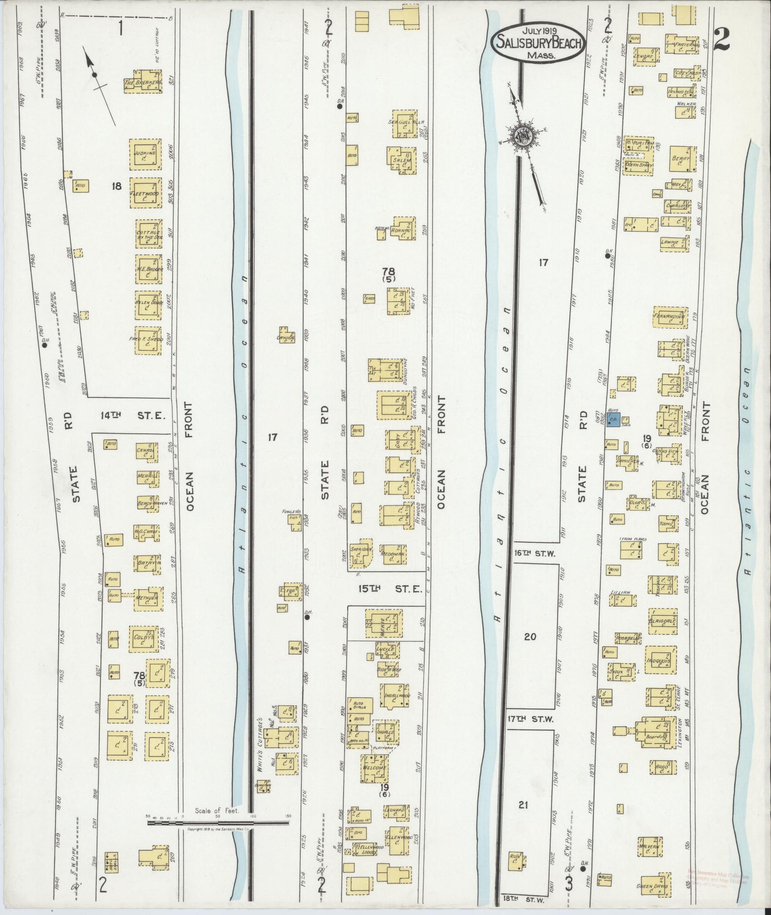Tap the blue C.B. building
tap(613, 420)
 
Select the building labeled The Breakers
tap(143, 82)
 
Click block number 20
tap(530, 637)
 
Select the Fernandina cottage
tap(670, 317)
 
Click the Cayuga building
tap(288, 337)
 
